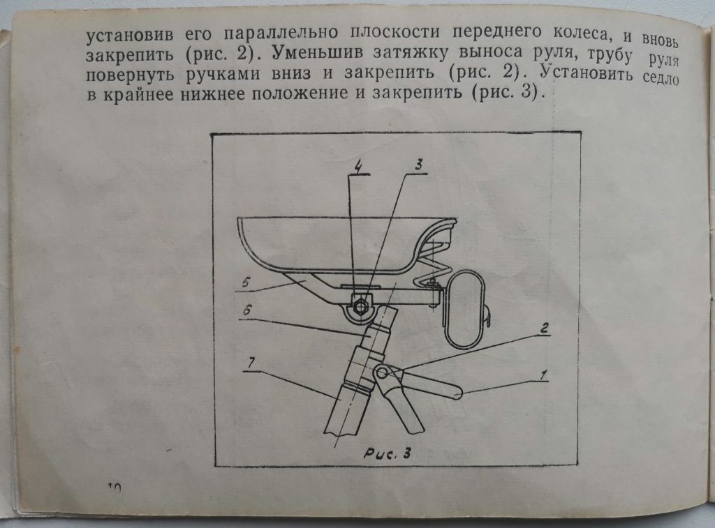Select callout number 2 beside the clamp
544,328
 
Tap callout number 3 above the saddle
419,165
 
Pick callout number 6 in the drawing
246,311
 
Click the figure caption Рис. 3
387,453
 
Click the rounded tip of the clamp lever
457,392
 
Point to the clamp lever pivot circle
382,373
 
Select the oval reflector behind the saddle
464,308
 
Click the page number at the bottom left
115,488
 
